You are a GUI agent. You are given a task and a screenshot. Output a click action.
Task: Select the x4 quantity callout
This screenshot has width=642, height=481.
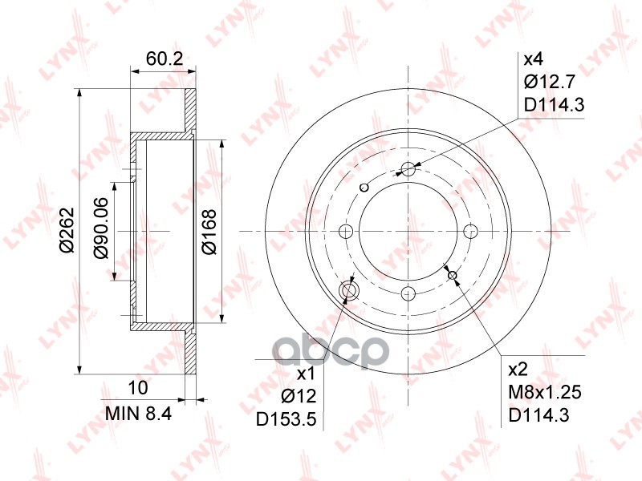(x=534, y=59)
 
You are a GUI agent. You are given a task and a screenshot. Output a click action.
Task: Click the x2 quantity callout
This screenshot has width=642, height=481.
(x=519, y=370)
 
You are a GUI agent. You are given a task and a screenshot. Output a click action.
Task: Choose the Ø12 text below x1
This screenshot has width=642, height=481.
(x=299, y=394)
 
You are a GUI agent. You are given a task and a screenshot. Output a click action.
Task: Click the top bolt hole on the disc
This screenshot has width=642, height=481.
(x=408, y=169)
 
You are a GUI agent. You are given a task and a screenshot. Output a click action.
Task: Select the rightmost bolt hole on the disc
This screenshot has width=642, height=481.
(x=470, y=232)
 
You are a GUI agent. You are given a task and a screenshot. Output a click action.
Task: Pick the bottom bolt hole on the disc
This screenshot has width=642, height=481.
(x=408, y=293)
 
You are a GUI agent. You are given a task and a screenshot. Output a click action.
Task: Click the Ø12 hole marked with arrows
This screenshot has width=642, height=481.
(x=350, y=290)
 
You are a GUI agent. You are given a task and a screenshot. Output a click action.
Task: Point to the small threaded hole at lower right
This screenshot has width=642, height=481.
(x=453, y=276)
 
